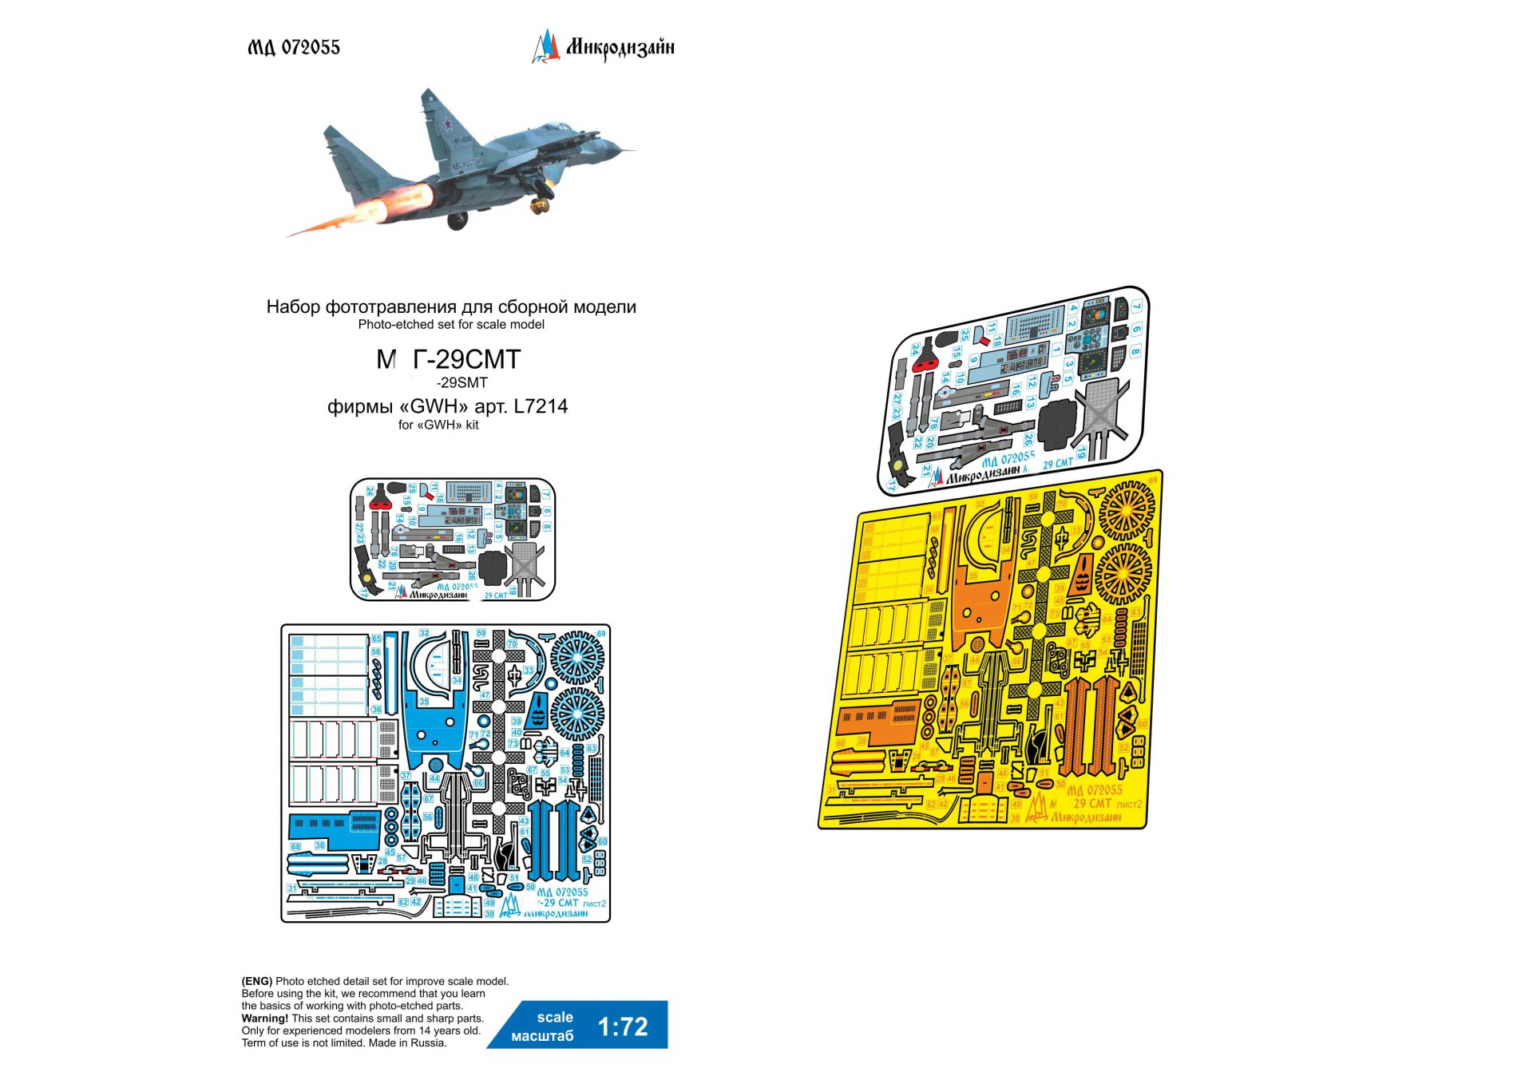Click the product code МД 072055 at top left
(x=294, y=48)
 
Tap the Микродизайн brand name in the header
(x=620, y=48)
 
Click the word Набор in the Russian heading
(x=293, y=307)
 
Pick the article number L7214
(x=541, y=406)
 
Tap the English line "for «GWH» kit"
(x=438, y=425)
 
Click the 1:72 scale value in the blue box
(x=623, y=1027)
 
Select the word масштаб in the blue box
(x=542, y=1036)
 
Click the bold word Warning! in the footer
(x=264, y=1019)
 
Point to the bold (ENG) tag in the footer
(x=257, y=981)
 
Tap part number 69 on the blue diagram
(x=601, y=633)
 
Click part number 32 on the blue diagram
(x=424, y=633)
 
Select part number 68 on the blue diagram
(x=295, y=846)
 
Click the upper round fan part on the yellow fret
(x=1127, y=508)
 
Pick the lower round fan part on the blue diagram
(x=577, y=713)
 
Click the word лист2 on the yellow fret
(x=1129, y=804)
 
